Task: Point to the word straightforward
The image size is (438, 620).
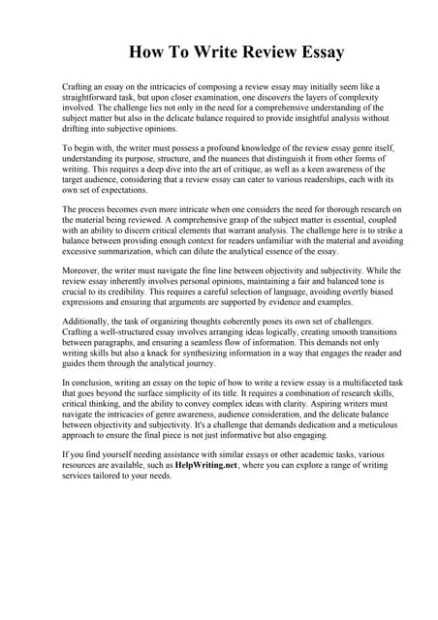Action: [95, 98]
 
